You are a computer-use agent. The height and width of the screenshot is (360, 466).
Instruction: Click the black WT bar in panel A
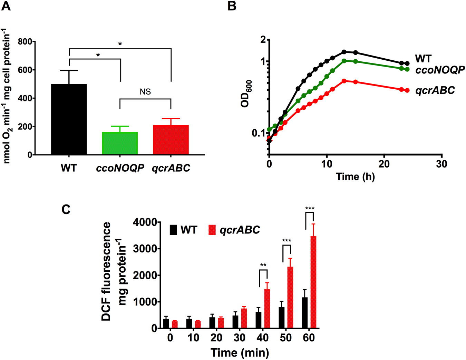(69, 119)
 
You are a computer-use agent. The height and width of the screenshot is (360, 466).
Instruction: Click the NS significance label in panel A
(145, 92)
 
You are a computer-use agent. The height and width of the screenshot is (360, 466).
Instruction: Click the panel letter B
(232, 6)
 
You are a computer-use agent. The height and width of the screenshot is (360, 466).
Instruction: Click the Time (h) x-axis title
(355, 177)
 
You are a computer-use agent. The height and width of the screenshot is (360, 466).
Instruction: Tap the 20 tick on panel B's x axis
(384, 164)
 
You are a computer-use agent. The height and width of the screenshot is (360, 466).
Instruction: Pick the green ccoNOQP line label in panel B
(440, 70)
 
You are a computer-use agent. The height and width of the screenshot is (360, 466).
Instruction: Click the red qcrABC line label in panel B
(435, 90)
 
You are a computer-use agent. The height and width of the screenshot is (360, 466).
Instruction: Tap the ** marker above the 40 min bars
(263, 265)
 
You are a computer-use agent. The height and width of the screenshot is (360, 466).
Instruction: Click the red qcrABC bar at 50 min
(290, 297)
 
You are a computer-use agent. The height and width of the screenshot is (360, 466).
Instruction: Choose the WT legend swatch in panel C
(173, 230)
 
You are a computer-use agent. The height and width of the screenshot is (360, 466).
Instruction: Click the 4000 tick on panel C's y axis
(144, 222)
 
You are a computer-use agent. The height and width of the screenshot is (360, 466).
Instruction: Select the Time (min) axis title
(240, 352)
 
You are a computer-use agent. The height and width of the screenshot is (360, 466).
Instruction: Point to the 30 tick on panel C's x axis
(240, 337)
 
